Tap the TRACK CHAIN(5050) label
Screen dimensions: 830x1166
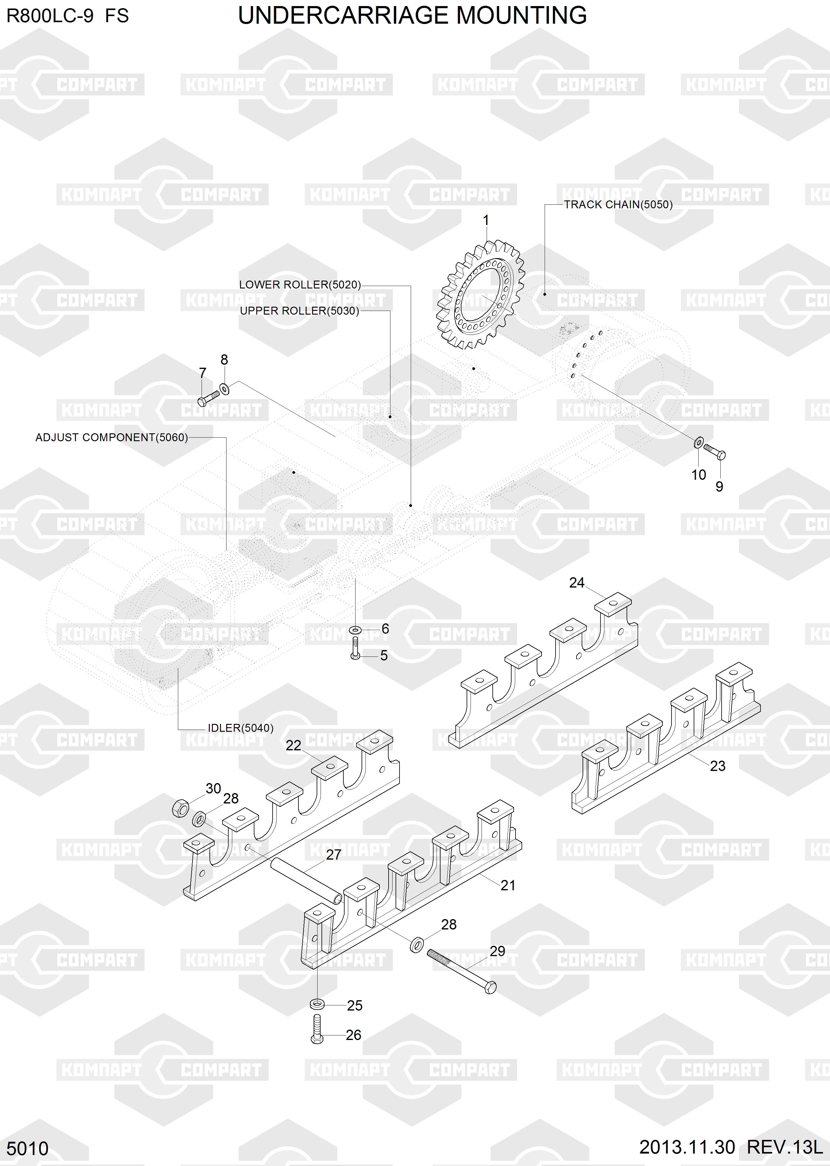(x=618, y=204)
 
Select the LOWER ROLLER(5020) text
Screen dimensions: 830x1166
(x=300, y=285)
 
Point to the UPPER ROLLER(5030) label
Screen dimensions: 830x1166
(x=300, y=311)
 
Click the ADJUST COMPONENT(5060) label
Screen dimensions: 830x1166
(x=111, y=438)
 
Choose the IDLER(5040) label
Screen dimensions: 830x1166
(x=240, y=728)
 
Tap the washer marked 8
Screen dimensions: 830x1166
(x=224, y=389)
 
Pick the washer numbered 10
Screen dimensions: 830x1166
(x=699, y=442)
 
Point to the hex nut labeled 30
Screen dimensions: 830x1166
(x=180, y=808)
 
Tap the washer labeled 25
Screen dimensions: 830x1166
(x=317, y=1004)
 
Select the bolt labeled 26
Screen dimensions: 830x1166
(x=317, y=1029)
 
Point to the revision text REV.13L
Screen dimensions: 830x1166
(x=784, y=1147)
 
